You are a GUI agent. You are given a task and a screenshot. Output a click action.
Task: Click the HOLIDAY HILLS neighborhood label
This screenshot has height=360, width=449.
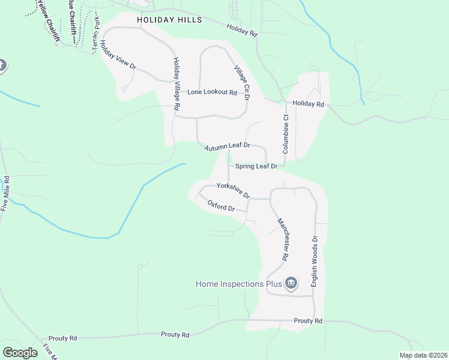click(169, 19)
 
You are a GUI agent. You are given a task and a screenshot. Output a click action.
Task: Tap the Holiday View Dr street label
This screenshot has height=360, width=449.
click(119, 56)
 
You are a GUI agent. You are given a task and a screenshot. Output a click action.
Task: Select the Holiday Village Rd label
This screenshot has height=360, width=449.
click(176, 83)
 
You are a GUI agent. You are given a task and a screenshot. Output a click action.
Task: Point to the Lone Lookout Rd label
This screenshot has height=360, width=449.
click(212, 92)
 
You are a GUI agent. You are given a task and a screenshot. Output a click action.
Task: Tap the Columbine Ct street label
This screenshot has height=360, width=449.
click(286, 134)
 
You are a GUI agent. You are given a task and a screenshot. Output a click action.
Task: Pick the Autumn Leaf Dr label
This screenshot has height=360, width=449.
click(226, 147)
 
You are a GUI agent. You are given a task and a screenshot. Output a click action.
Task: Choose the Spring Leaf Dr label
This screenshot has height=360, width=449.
click(256, 166)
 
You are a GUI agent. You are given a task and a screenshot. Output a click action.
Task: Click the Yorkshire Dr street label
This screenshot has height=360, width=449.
click(233, 190)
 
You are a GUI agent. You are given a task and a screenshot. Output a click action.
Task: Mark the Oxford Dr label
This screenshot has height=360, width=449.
click(221, 206)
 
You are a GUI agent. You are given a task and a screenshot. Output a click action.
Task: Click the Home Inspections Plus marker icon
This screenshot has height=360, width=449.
click(291, 283)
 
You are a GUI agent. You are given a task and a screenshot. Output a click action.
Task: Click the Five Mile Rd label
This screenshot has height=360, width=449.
click(5, 193)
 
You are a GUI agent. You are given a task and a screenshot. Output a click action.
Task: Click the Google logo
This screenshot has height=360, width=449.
click(20, 353)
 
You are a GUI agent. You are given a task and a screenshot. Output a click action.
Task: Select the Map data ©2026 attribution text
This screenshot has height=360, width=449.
click(423, 355)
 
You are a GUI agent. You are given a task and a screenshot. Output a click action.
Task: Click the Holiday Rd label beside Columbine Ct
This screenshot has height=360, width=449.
click(309, 104)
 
